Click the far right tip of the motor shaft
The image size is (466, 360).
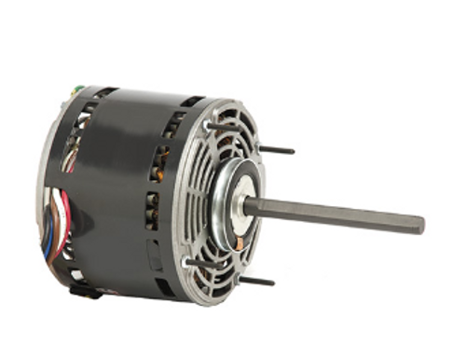[421, 225]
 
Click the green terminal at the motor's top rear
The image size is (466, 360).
[77, 91]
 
